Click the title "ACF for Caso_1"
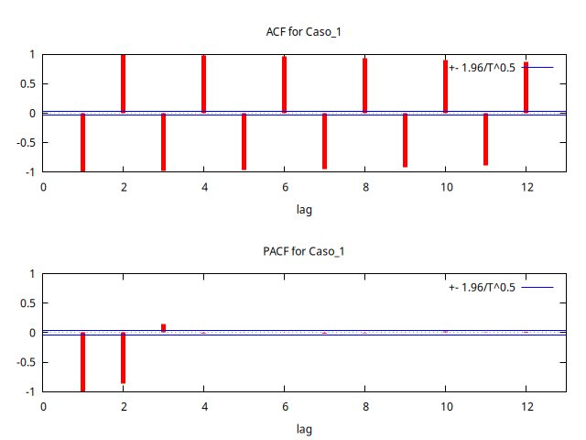pyautogui.click(x=303, y=32)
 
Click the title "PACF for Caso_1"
pyautogui.click(x=303, y=251)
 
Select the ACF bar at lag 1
pyautogui.click(x=82, y=142)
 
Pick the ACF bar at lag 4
pyautogui.click(x=203, y=84)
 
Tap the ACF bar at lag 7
pyautogui.click(x=324, y=140)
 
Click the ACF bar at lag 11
pyautogui.click(x=485, y=138)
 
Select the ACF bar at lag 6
pyautogui.click(x=284, y=85)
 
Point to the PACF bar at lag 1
pyautogui.click(x=82, y=361)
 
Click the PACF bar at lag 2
pyautogui.click(x=123, y=357)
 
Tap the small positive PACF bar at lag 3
pyautogui.click(x=163, y=327)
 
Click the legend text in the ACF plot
pyautogui.click(x=483, y=68)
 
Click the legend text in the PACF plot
pyautogui.click(x=483, y=287)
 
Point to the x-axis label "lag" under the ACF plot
pyautogui.click(x=303, y=209)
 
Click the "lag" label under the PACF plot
pyautogui.click(x=303, y=428)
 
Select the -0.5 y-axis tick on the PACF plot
pyautogui.click(x=25, y=362)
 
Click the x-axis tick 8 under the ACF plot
pyautogui.click(x=364, y=187)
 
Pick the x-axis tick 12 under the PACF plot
pyautogui.click(x=526, y=406)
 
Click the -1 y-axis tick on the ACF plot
pyautogui.click(x=29, y=171)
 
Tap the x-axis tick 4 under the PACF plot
pyautogui.click(x=203, y=406)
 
